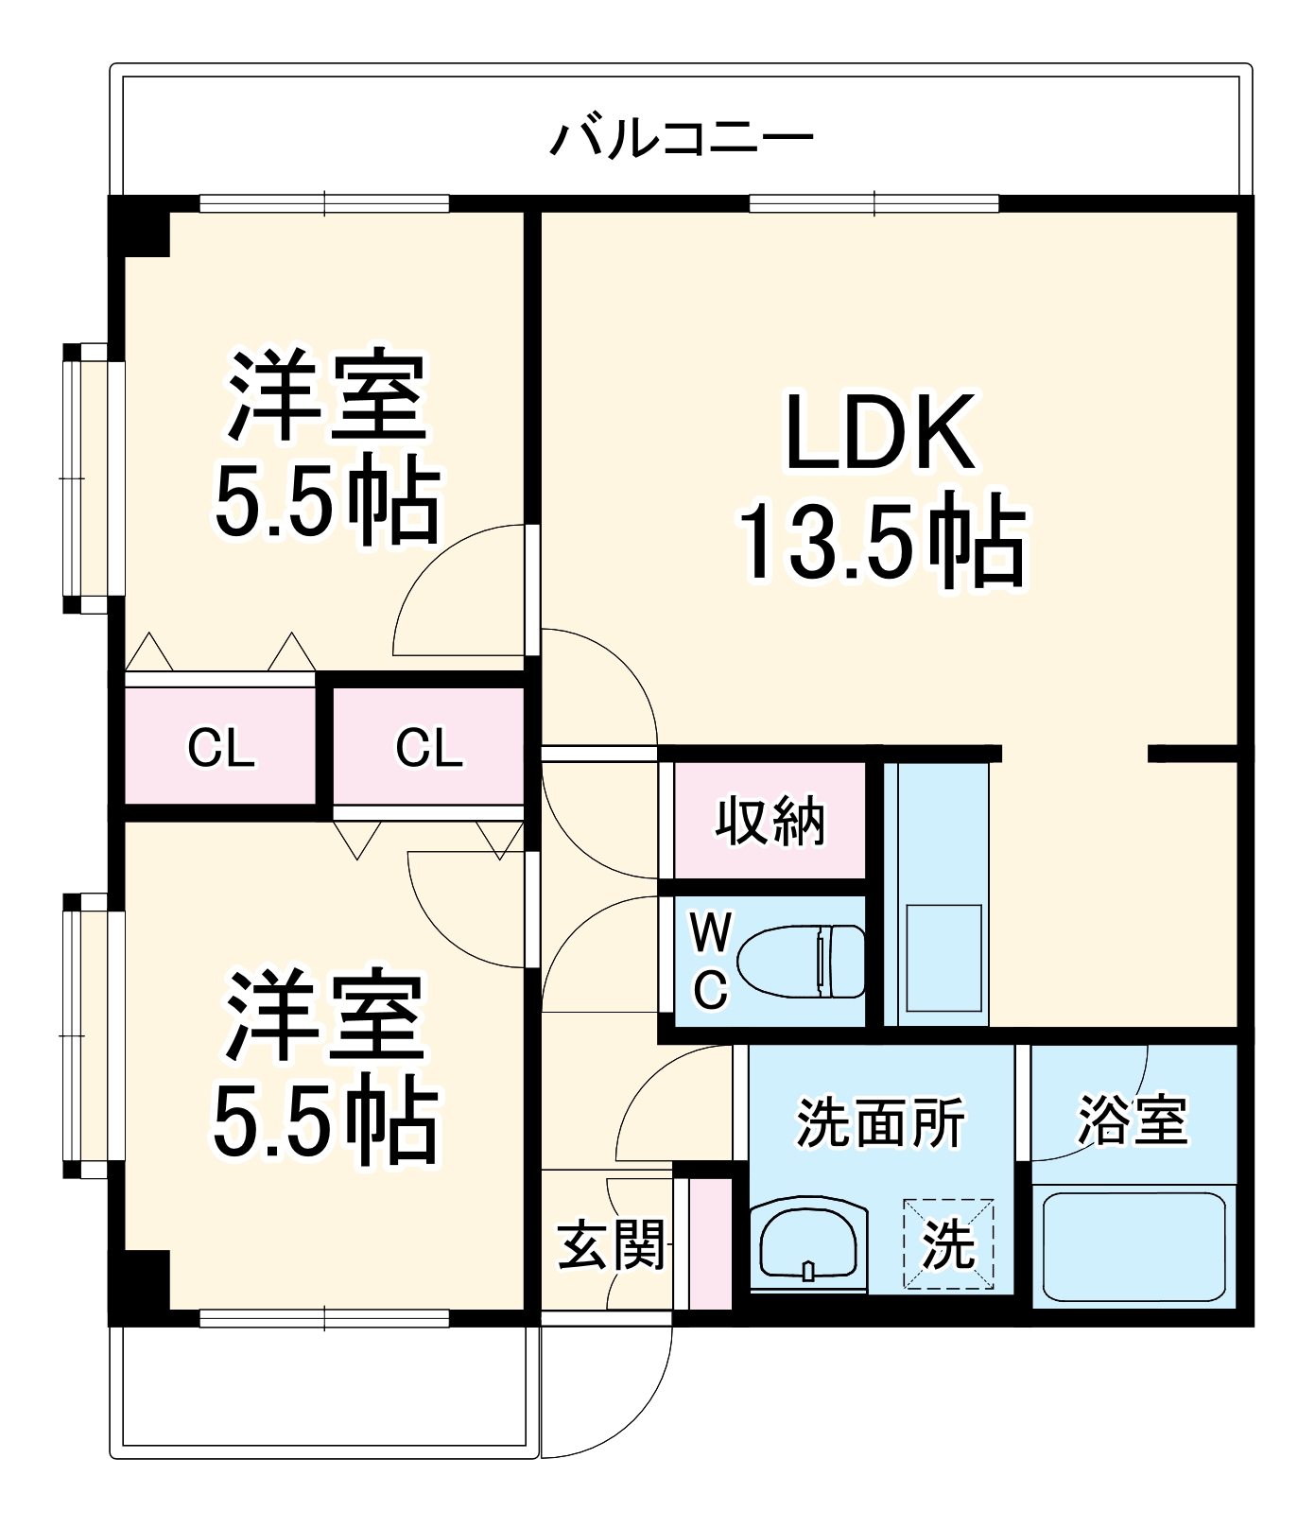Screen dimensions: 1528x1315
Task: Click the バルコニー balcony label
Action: (681, 139)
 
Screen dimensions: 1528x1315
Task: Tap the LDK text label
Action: (880, 434)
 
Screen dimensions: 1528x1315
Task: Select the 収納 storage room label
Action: (770, 821)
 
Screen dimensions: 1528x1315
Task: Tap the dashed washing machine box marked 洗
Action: (948, 1244)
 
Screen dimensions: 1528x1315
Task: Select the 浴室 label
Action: (1132, 1121)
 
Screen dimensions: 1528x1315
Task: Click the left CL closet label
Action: (220, 748)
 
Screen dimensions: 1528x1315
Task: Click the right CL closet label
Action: (428, 748)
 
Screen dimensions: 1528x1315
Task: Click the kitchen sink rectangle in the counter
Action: (943, 958)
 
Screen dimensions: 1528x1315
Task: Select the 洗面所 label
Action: (880, 1122)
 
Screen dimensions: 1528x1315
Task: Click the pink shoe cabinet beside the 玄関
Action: (709, 1243)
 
